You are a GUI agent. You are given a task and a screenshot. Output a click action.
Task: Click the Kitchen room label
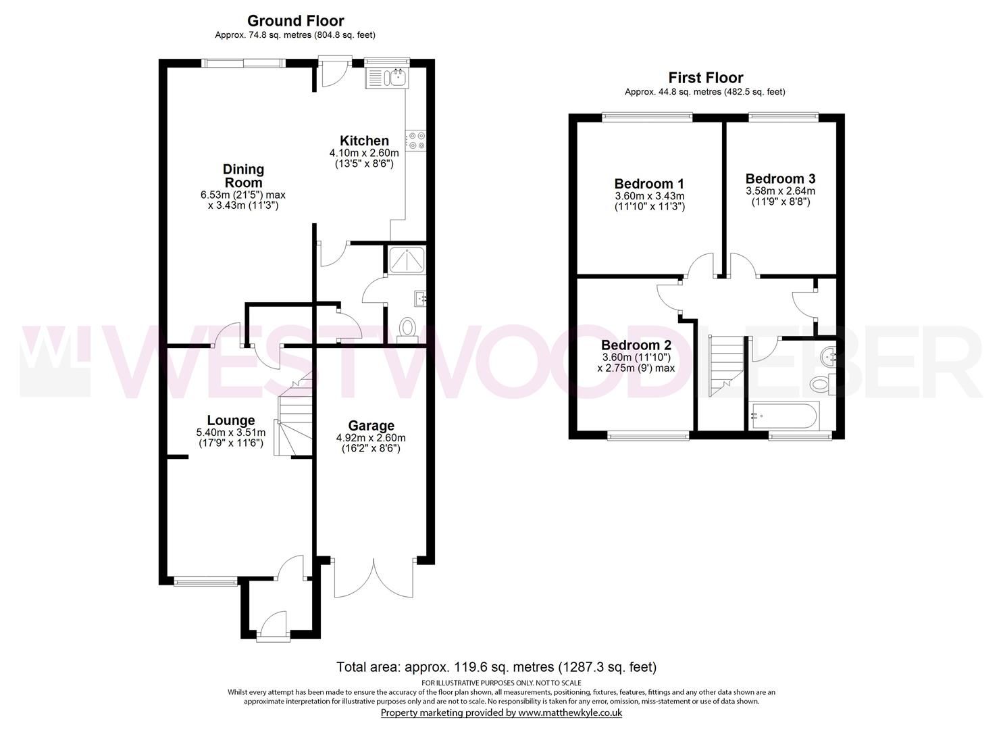364,141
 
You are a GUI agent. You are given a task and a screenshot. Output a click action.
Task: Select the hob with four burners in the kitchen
415,140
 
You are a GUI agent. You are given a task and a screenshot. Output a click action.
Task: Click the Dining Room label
243,176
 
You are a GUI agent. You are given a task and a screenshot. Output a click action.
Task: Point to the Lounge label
230,420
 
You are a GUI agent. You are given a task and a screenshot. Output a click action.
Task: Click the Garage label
371,425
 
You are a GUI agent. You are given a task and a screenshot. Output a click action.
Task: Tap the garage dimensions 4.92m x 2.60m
371,437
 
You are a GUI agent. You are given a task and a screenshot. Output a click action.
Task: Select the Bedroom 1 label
649,183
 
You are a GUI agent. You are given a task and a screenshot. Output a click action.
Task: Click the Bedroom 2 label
636,343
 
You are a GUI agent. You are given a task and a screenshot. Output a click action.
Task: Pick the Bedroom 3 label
780,178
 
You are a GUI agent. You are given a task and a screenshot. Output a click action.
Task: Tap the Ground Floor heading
295,21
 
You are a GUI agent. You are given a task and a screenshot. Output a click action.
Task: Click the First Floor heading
705,78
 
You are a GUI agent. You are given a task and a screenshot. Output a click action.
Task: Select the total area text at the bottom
496,667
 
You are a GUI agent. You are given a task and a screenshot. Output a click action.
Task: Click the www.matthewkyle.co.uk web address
570,712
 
